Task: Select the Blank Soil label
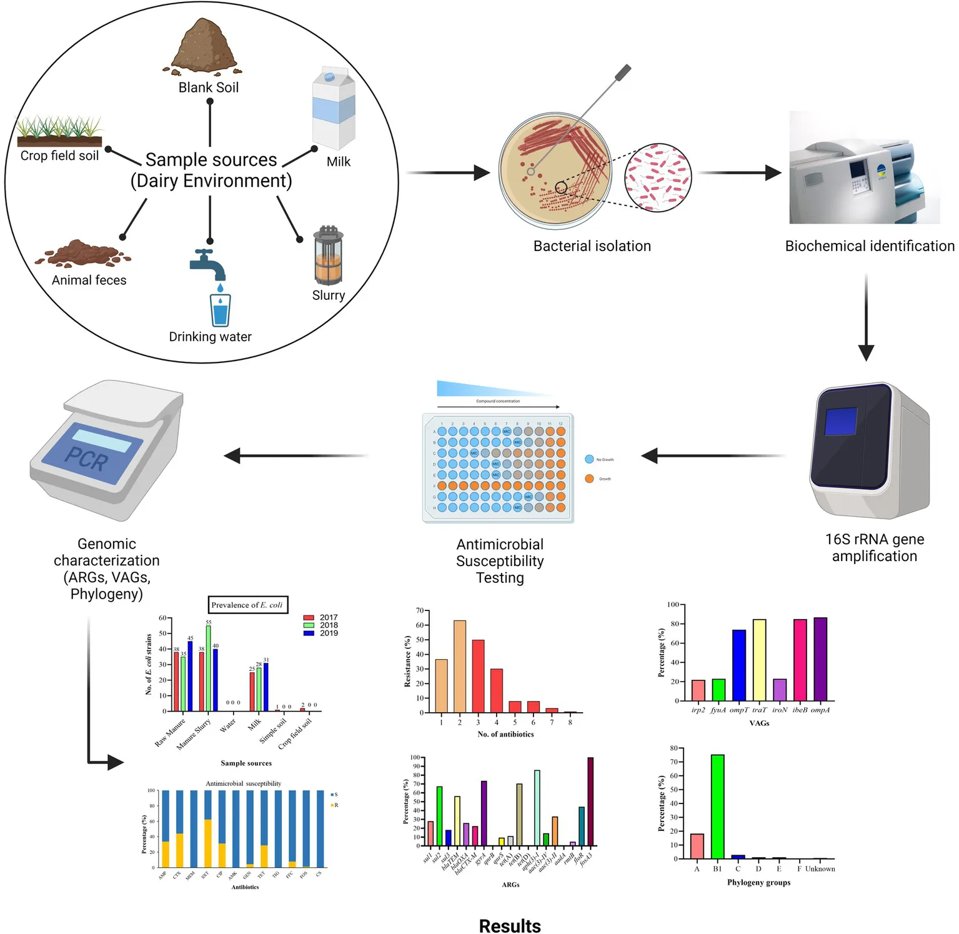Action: [x=209, y=87]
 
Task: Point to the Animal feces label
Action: [x=89, y=281]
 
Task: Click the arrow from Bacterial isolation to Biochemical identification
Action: [x=740, y=173]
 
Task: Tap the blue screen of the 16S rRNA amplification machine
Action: [x=840, y=421]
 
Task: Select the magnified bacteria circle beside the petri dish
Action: [x=658, y=177]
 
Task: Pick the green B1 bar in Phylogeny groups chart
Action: [x=717, y=806]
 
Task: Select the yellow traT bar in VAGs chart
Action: [x=759, y=660]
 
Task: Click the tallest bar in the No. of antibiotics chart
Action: [x=459, y=666]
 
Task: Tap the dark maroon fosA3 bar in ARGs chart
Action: [x=590, y=801]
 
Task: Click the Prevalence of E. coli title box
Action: [x=247, y=605]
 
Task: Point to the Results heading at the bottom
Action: [x=510, y=925]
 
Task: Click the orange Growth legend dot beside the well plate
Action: [x=589, y=479]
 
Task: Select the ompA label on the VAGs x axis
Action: [x=820, y=710]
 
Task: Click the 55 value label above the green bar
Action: [x=209, y=622]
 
